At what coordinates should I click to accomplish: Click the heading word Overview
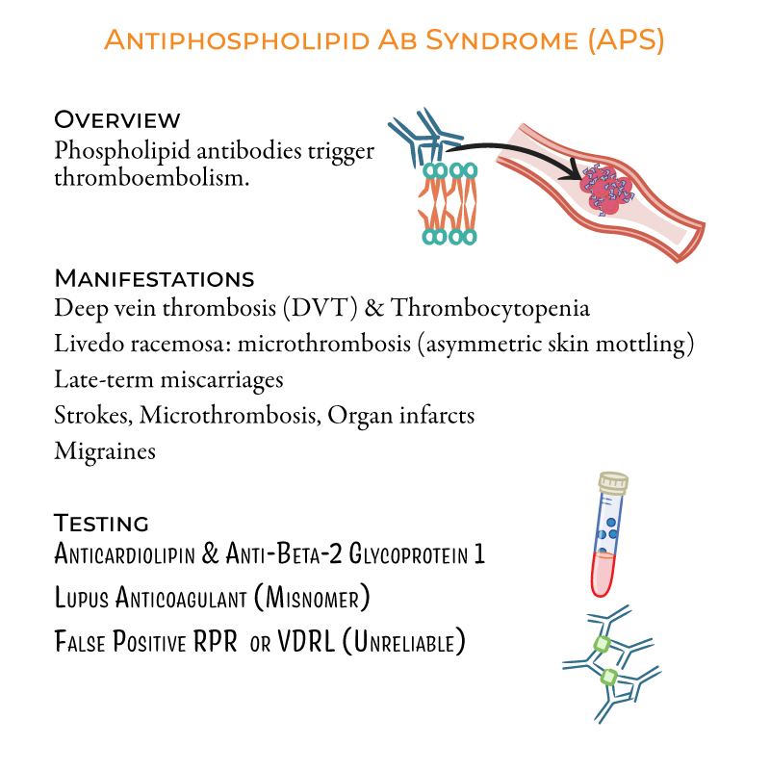[117, 119]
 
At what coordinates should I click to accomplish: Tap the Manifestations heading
[154, 278]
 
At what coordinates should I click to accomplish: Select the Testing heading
[101, 523]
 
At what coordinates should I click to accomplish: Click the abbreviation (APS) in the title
[627, 40]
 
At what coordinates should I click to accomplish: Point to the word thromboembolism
[152, 178]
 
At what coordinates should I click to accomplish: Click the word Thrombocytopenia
[490, 308]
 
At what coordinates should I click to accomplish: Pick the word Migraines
[105, 451]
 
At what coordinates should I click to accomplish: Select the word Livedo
[90, 344]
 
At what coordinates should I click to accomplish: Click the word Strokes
[93, 416]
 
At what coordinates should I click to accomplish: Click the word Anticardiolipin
[125, 553]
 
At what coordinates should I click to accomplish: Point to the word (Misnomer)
[312, 597]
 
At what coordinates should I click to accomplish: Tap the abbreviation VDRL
[306, 641]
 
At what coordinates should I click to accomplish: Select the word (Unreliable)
[403, 641]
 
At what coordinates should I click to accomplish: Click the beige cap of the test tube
[613, 483]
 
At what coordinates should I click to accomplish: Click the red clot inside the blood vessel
[606, 189]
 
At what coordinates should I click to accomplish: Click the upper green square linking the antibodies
[603, 644]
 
